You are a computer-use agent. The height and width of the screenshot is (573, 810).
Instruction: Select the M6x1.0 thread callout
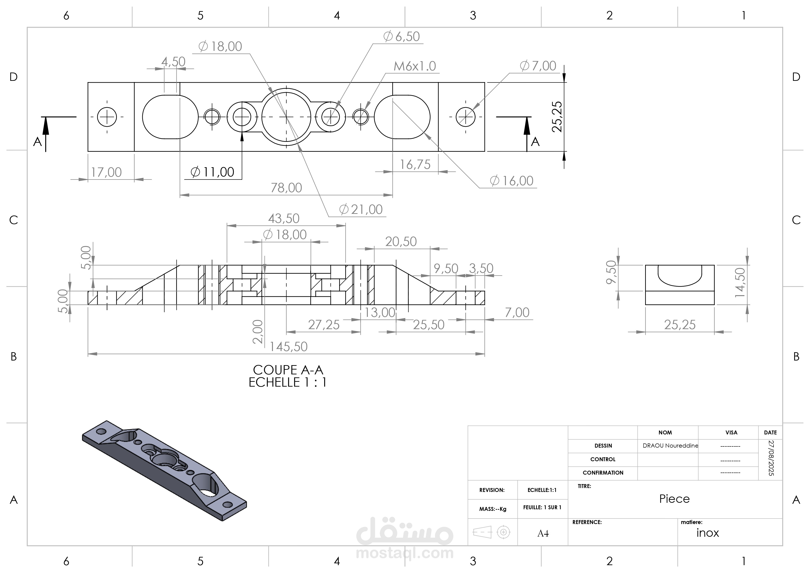(415, 66)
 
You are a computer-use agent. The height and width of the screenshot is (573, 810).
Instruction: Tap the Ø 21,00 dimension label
(361, 209)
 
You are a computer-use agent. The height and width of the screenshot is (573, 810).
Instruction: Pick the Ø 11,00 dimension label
(212, 172)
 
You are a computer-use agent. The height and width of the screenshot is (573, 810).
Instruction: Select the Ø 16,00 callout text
(511, 181)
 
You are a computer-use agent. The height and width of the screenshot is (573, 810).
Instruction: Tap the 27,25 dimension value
(324, 324)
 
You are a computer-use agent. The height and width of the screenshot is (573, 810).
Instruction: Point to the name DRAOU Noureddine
(671, 446)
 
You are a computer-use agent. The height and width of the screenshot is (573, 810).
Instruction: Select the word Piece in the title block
(674, 499)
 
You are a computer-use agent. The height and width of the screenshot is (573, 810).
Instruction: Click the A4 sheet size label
(543, 534)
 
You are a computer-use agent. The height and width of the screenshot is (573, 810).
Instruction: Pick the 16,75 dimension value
(415, 164)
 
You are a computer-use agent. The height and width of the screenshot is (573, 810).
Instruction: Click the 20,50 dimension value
(401, 242)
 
